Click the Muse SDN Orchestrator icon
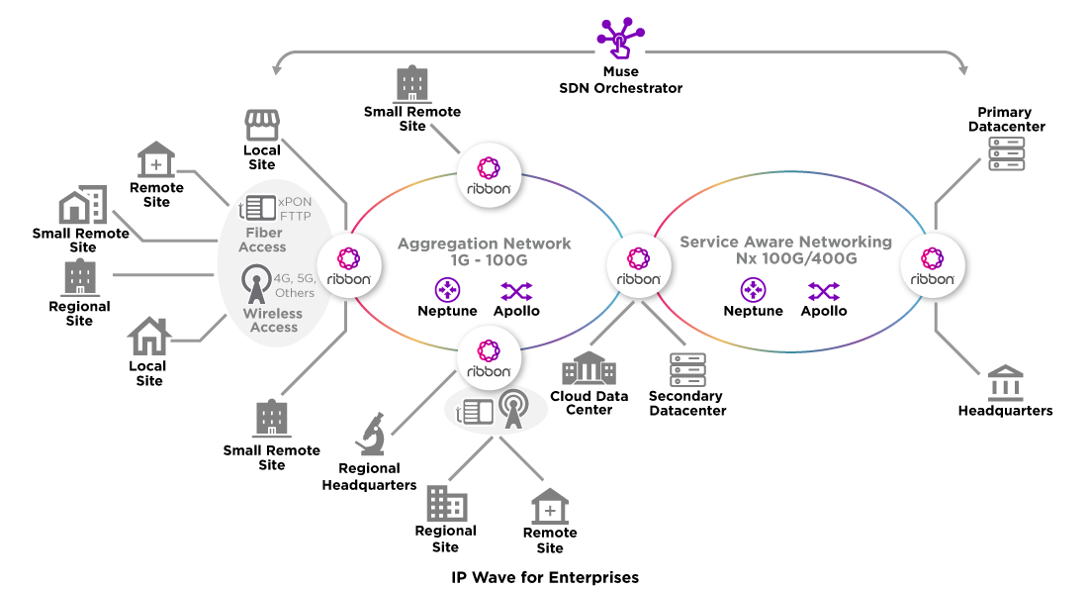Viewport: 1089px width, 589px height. pos(620,37)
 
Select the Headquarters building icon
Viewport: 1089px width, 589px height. pos(1005,383)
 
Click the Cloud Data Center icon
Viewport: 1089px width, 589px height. pos(589,369)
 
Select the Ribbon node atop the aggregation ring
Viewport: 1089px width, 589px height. pos(489,174)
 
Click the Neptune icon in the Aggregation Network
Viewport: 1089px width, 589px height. pos(448,291)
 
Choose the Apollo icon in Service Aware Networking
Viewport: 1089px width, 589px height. pos(824,291)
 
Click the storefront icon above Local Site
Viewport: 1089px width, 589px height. pos(262,126)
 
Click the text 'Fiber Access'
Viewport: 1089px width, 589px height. pos(262,240)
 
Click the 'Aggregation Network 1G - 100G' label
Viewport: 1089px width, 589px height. pos(485,251)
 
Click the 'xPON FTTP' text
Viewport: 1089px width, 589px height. pos(294,207)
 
